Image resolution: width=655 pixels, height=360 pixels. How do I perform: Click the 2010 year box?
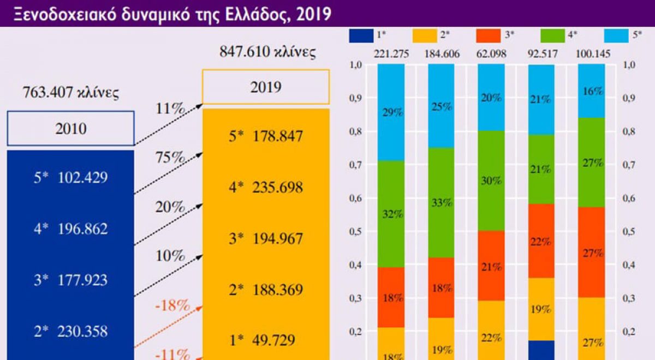click(71, 129)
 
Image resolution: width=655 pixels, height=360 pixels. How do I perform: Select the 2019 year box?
click(266, 87)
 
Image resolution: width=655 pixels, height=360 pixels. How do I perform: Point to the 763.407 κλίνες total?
click(71, 93)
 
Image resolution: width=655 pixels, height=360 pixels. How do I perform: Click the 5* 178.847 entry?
click(266, 136)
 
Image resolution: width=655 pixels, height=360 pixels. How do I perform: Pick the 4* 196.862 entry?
click(71, 229)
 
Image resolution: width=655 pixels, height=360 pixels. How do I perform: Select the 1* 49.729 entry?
click(266, 340)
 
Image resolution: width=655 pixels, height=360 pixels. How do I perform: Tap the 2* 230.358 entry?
click(71, 331)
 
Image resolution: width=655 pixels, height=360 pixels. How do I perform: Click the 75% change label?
click(170, 158)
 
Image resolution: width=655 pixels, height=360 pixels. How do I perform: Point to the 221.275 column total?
click(391, 55)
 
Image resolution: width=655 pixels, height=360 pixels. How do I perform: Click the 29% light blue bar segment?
click(391, 112)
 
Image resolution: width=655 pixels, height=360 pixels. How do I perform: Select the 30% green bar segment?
click(491, 181)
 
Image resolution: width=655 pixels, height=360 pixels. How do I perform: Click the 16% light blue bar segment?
click(591, 91)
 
